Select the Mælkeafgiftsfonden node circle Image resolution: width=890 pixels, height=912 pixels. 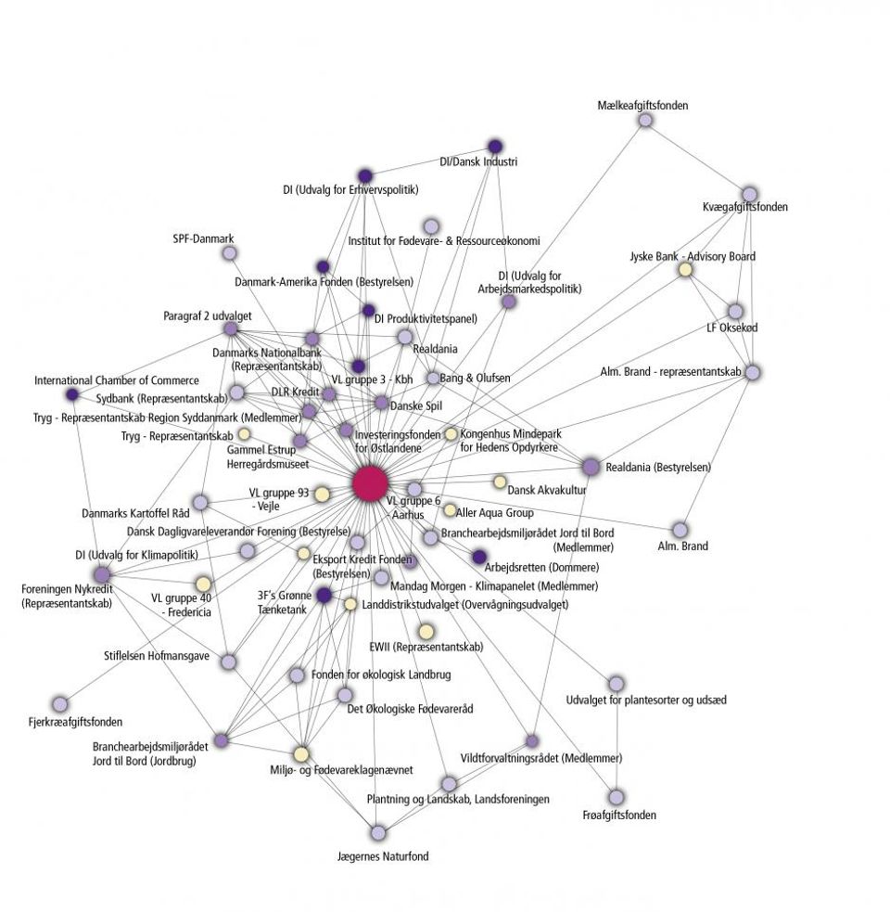pyautogui.click(x=645, y=120)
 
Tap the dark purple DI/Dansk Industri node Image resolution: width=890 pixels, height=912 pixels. pyautogui.click(x=495, y=146)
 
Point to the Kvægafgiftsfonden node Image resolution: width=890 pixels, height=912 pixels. pyautogui.click(x=749, y=194)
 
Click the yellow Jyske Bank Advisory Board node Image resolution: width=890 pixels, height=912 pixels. pyautogui.click(x=685, y=270)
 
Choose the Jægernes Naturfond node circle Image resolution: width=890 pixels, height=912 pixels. pyautogui.click(x=377, y=832)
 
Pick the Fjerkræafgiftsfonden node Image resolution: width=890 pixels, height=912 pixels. pyautogui.click(x=61, y=704)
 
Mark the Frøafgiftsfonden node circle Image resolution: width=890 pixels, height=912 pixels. pyautogui.click(x=617, y=797)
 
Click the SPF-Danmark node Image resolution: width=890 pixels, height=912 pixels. pyautogui.click(x=229, y=253)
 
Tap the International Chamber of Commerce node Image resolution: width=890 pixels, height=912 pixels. pyautogui.click(x=72, y=395)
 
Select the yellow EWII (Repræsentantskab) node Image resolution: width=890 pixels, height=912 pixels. pyautogui.click(x=426, y=632)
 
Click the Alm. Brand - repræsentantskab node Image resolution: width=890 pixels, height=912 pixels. pyautogui.click(x=753, y=372)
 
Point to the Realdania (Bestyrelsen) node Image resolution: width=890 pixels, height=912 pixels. pyautogui.click(x=591, y=467)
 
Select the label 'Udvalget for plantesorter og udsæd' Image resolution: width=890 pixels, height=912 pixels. pyautogui.click(x=646, y=700)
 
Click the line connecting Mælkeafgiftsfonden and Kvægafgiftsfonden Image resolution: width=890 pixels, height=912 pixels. pyautogui.click(x=697, y=157)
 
